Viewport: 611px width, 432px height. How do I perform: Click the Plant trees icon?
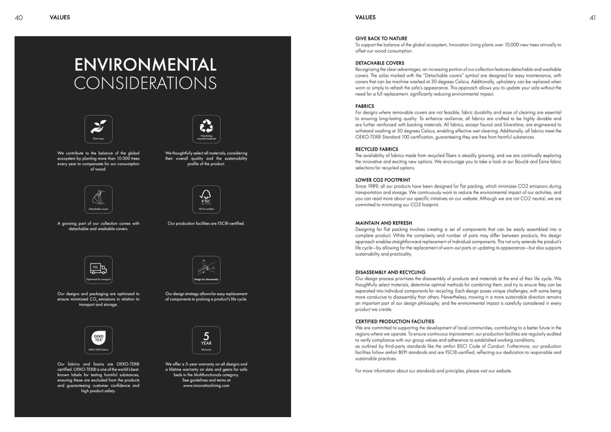pos(98,129)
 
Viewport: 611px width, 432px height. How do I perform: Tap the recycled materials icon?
pos(206,129)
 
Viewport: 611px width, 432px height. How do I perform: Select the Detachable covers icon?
pos(98,199)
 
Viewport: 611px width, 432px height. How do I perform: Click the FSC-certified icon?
pos(206,199)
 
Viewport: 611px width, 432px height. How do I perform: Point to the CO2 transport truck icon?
pos(98,270)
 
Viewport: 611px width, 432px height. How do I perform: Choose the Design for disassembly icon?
pos(206,270)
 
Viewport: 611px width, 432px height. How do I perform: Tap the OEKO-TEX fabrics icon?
pos(98,340)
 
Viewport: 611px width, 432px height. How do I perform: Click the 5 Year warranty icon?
pos(206,340)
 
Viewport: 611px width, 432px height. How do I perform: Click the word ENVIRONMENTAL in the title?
pos(145,65)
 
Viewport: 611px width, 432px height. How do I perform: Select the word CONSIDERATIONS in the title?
pos(145,83)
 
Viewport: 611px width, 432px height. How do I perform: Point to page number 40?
pos(18,18)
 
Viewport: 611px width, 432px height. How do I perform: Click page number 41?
pos(593,18)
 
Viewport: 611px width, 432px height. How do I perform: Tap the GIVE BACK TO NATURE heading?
pos(381,39)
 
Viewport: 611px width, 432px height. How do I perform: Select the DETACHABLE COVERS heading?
pos(379,63)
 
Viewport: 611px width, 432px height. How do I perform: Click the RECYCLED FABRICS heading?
pos(376,149)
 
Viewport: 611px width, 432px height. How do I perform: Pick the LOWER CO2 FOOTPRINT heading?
pos(383,180)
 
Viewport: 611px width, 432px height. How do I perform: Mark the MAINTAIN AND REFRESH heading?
pos(383,223)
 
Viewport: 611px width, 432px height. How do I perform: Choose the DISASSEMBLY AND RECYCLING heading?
pos(390,272)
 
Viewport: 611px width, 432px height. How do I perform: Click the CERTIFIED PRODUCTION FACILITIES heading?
pos(394,322)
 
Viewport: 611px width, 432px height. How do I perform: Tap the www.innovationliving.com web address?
pos(206,386)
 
